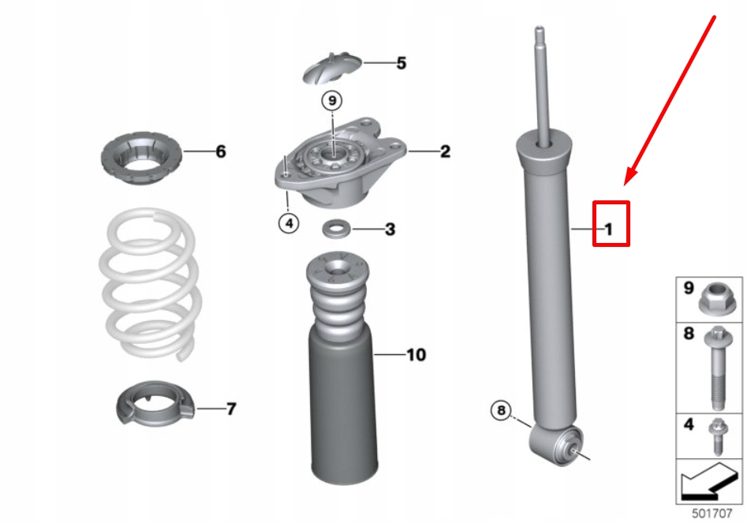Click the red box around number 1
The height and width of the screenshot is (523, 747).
coord(611,224)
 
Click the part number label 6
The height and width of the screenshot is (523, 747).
coord(220,151)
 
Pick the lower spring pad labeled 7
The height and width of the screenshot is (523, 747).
coord(154,406)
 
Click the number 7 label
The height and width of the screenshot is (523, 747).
coord(230,409)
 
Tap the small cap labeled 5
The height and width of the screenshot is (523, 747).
coord(332,68)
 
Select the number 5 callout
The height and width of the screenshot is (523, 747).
coord(401,63)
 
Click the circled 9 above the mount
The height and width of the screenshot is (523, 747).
coord(332,101)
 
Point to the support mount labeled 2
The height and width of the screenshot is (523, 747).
coord(339,166)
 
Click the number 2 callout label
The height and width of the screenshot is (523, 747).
coord(445,151)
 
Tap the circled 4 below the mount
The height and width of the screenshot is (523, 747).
coord(289,224)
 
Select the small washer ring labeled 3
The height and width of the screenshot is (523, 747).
coord(337,230)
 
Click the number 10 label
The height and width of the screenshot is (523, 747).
coord(416,355)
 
